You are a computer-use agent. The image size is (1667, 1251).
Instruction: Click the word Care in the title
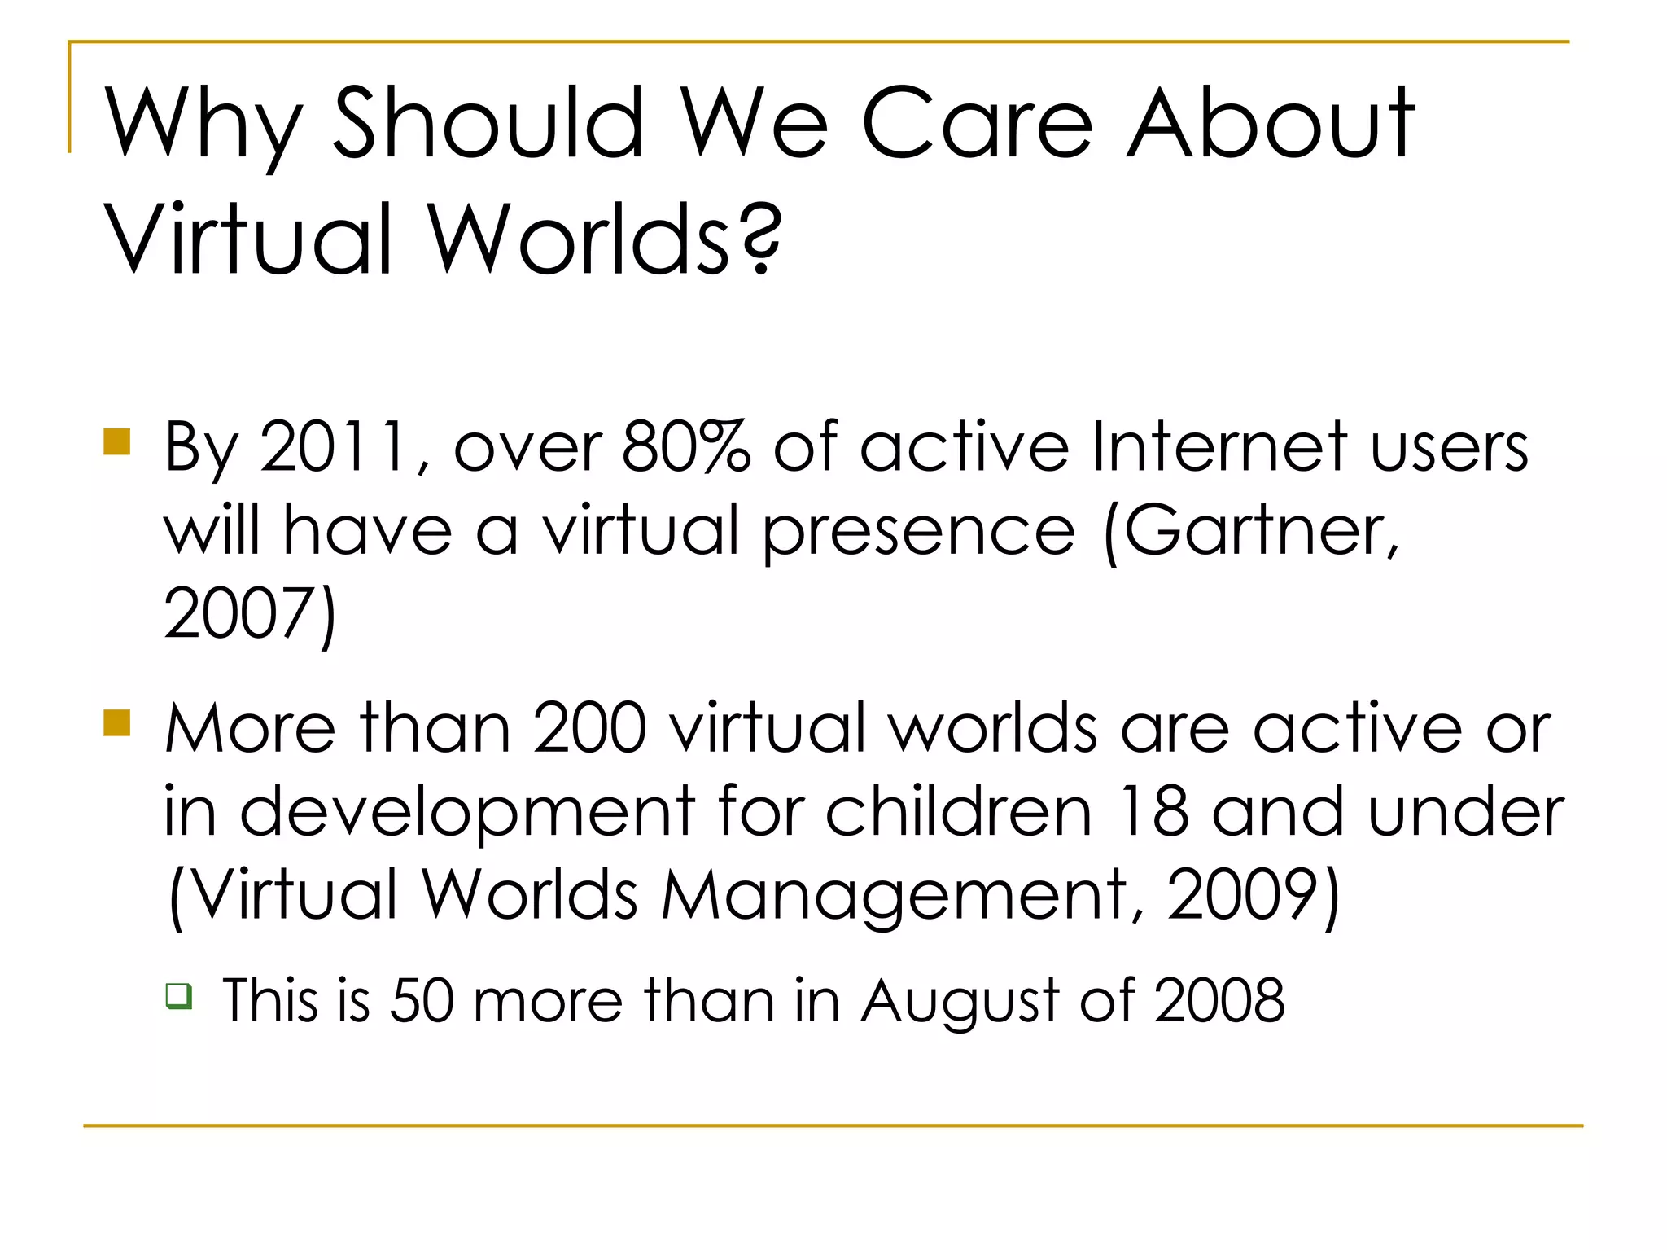[x=977, y=124]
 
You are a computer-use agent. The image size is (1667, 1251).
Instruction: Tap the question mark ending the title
[x=761, y=238]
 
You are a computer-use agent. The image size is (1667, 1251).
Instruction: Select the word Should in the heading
[x=489, y=124]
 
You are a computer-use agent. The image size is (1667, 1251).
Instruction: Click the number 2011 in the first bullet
[x=334, y=446]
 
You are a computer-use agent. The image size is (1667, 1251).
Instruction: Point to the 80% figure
[x=686, y=446]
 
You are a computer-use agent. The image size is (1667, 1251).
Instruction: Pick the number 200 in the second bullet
[x=590, y=728]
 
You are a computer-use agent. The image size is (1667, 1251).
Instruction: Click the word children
[x=959, y=811]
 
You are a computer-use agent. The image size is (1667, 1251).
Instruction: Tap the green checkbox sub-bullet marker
[x=179, y=996]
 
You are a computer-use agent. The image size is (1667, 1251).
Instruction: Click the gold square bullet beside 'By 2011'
[x=117, y=441]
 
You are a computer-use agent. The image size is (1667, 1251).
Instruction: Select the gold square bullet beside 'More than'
[x=117, y=722]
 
